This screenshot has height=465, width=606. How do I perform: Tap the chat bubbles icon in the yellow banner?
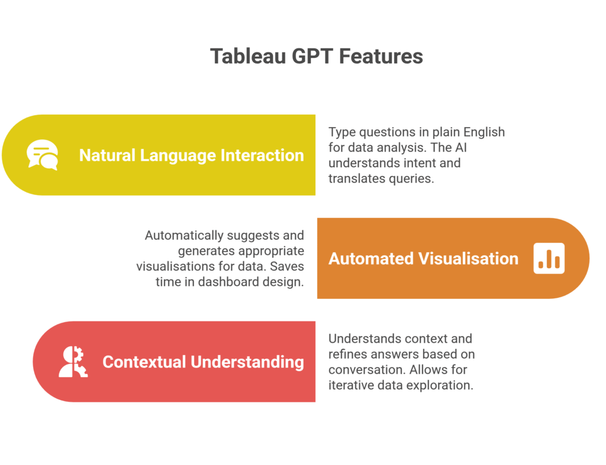pos(43,155)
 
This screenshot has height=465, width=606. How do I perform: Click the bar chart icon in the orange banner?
pos(549,258)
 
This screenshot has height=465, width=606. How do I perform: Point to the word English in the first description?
pos(483,132)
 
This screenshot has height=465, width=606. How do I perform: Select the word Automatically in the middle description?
pos(183,235)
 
